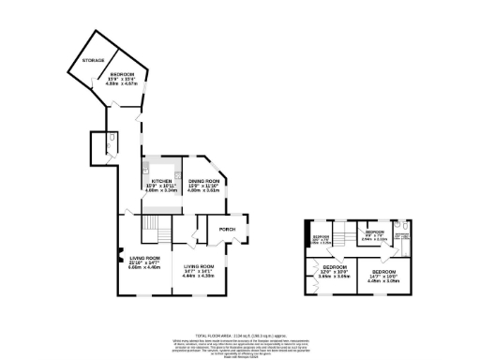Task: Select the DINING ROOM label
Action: click(x=203, y=185)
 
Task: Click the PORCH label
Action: click(x=226, y=229)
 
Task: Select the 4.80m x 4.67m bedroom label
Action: click(x=123, y=80)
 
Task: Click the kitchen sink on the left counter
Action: click(x=146, y=173)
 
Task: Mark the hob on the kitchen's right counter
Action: click(x=175, y=175)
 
